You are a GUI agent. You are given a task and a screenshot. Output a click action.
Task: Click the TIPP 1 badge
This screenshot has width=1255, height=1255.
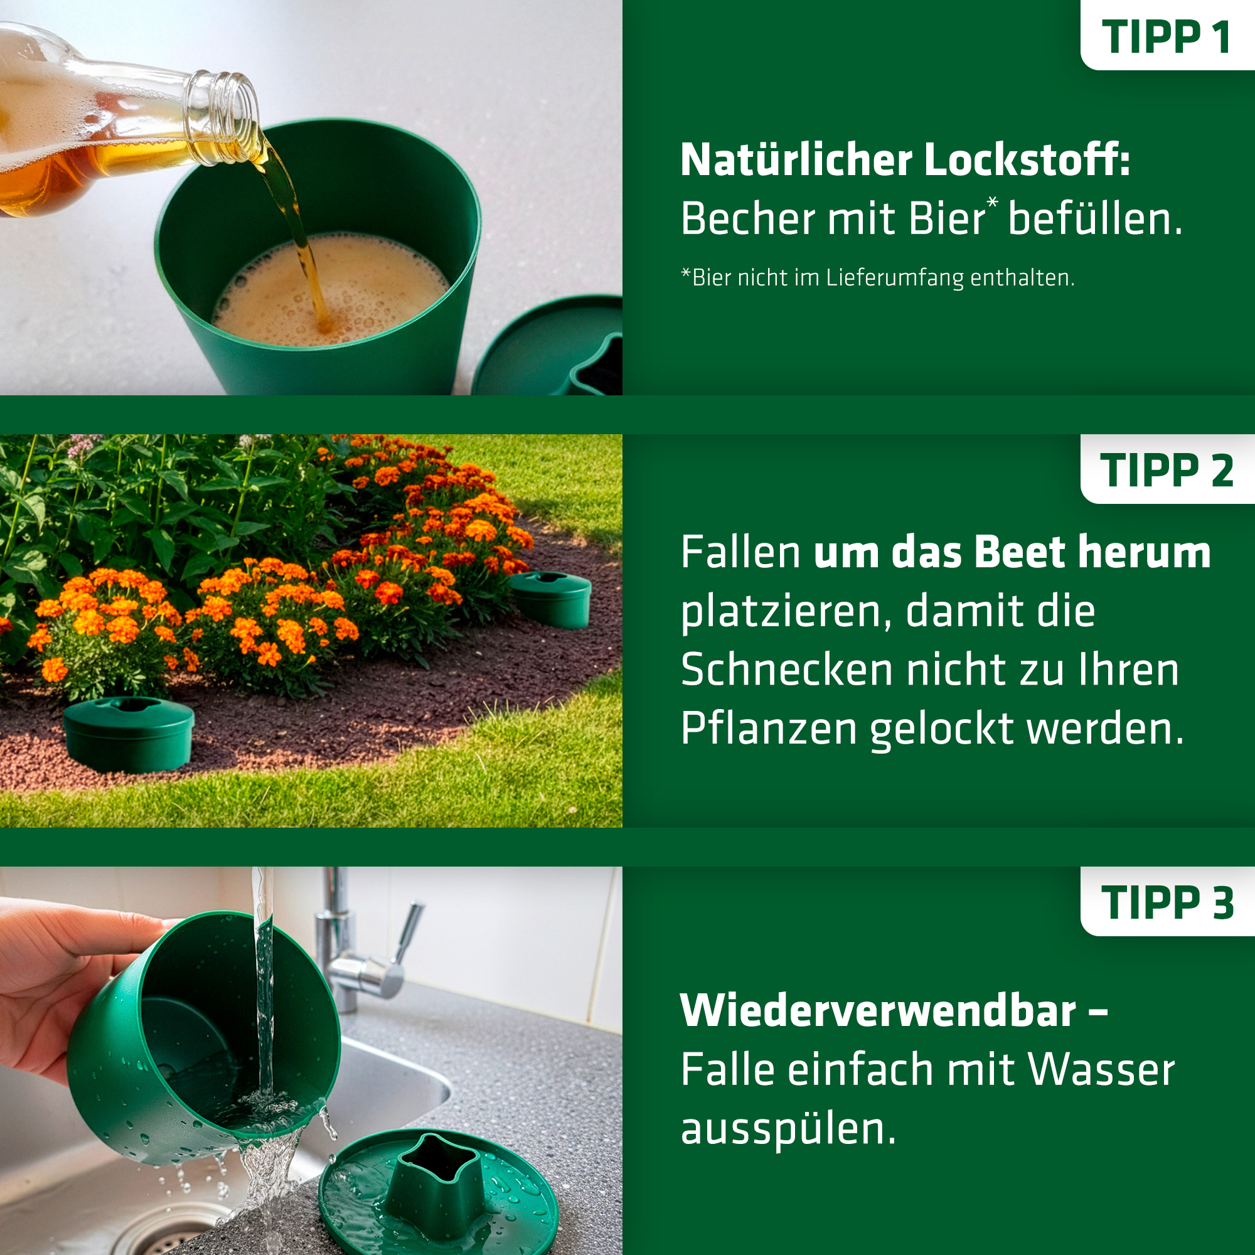1167,36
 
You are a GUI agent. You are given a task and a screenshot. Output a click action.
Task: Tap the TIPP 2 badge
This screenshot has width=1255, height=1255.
1167,469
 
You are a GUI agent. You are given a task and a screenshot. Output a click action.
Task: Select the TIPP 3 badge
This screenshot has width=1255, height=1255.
1167,902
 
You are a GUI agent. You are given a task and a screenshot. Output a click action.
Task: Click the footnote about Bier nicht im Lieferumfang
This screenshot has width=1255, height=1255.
878,278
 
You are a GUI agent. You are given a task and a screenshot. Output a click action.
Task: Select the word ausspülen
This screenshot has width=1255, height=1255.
788,1130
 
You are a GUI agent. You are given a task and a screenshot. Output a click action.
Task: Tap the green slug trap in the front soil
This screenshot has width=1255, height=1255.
129,734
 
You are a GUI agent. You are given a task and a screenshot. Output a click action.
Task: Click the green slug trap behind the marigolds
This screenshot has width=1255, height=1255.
551,599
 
